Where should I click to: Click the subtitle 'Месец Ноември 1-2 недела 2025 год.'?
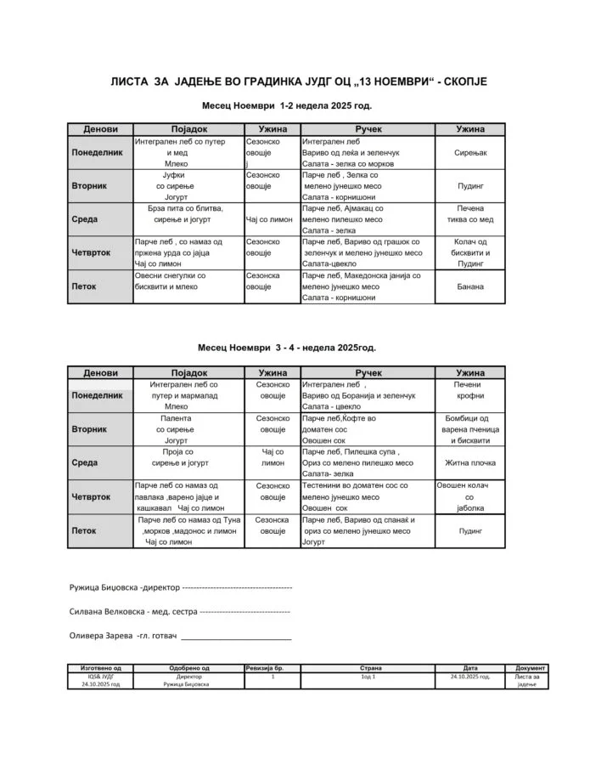click(x=287, y=107)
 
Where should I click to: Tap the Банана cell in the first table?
click(x=469, y=286)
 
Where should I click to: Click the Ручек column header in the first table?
click(x=368, y=129)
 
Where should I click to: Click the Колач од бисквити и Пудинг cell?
click(x=469, y=252)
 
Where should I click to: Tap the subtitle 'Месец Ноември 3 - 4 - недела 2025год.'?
click(x=287, y=348)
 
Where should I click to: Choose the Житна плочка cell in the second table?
click(x=469, y=463)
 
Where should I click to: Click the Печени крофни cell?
click(x=469, y=390)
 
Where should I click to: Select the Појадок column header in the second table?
click(x=188, y=372)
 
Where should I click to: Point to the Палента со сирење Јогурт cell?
click(x=176, y=429)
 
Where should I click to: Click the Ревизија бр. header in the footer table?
click(x=273, y=668)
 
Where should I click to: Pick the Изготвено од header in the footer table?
click(x=106, y=668)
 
